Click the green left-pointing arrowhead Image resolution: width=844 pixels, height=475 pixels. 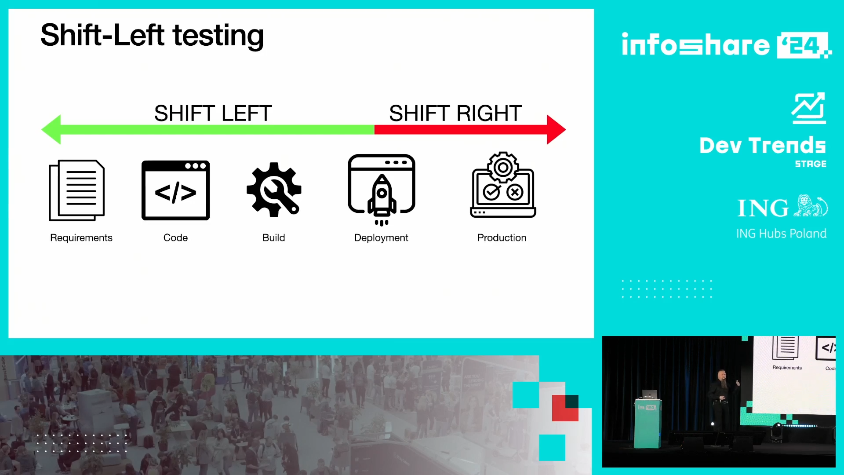coord(51,130)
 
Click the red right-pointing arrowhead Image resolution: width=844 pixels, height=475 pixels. coord(556,130)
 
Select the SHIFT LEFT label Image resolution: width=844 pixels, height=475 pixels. coord(213,113)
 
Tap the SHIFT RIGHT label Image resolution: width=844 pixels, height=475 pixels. coord(455,113)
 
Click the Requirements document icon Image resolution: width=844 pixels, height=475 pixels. coord(77,190)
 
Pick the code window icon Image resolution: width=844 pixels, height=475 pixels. coord(175,190)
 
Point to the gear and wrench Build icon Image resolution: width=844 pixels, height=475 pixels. coord(274,190)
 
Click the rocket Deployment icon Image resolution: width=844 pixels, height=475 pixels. coord(382,190)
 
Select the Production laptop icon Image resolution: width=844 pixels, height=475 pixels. coord(503,185)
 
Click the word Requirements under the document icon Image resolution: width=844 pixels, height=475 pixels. coord(81,238)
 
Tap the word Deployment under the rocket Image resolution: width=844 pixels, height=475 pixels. coord(381,238)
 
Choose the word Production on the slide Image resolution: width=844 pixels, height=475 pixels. coord(502,238)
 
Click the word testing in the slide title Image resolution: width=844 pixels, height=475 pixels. coord(218,36)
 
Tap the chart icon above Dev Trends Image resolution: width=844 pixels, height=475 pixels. coord(809,108)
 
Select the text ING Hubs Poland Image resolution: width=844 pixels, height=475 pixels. coord(781,234)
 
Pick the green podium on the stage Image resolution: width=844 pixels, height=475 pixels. coord(648,423)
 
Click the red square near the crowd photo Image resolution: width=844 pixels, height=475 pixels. coord(565,408)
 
